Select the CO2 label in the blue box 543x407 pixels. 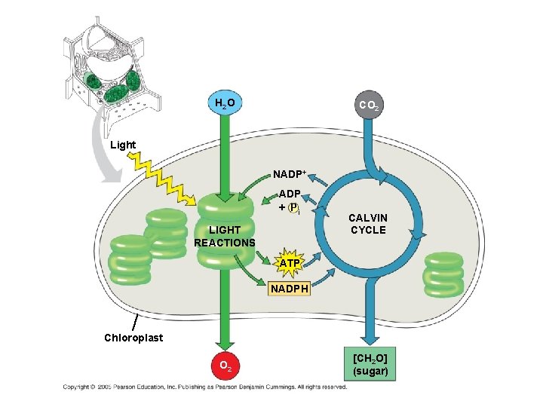tap(370, 105)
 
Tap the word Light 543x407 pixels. tap(123, 145)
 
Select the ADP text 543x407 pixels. tap(290, 194)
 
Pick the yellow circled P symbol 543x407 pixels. tap(294, 207)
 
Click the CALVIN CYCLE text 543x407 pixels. tap(367, 224)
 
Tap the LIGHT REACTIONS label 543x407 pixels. tap(224, 236)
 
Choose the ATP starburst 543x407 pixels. tap(290, 262)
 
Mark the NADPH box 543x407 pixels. tap(290, 287)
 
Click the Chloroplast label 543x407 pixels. tap(133, 337)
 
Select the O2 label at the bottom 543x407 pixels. tap(223, 367)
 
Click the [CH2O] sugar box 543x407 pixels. tap(370, 364)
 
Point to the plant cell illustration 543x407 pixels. tap(113, 68)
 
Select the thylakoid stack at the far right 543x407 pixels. tap(443, 273)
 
